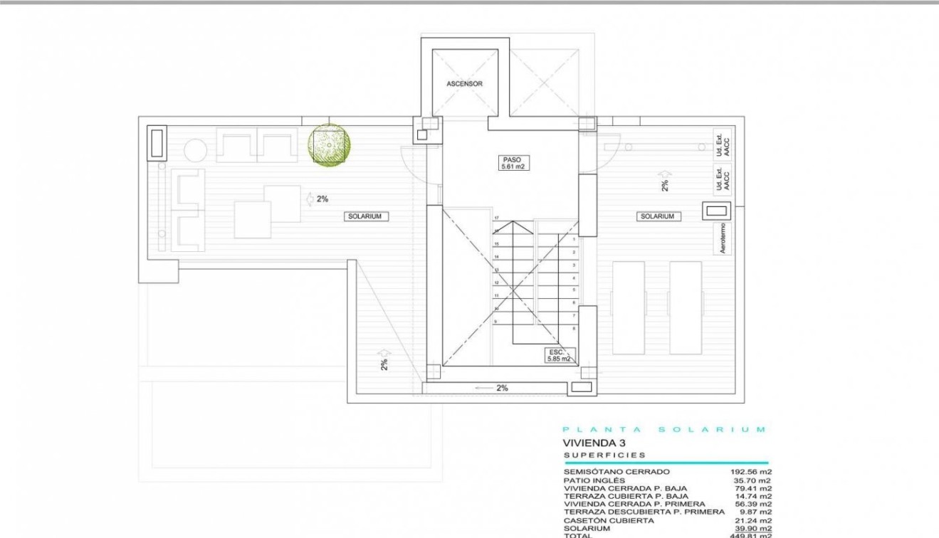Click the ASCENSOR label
[464, 84]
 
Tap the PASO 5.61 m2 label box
[513, 163]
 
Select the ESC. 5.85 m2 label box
[555, 356]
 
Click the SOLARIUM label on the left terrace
[367, 216]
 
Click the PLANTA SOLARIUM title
[664, 430]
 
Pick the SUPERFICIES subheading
[604, 455]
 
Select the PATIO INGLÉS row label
[594, 480]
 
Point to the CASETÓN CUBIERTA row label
[609, 520]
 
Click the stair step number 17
[497, 218]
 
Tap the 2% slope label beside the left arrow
[502, 388]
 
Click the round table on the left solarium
[194, 150]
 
